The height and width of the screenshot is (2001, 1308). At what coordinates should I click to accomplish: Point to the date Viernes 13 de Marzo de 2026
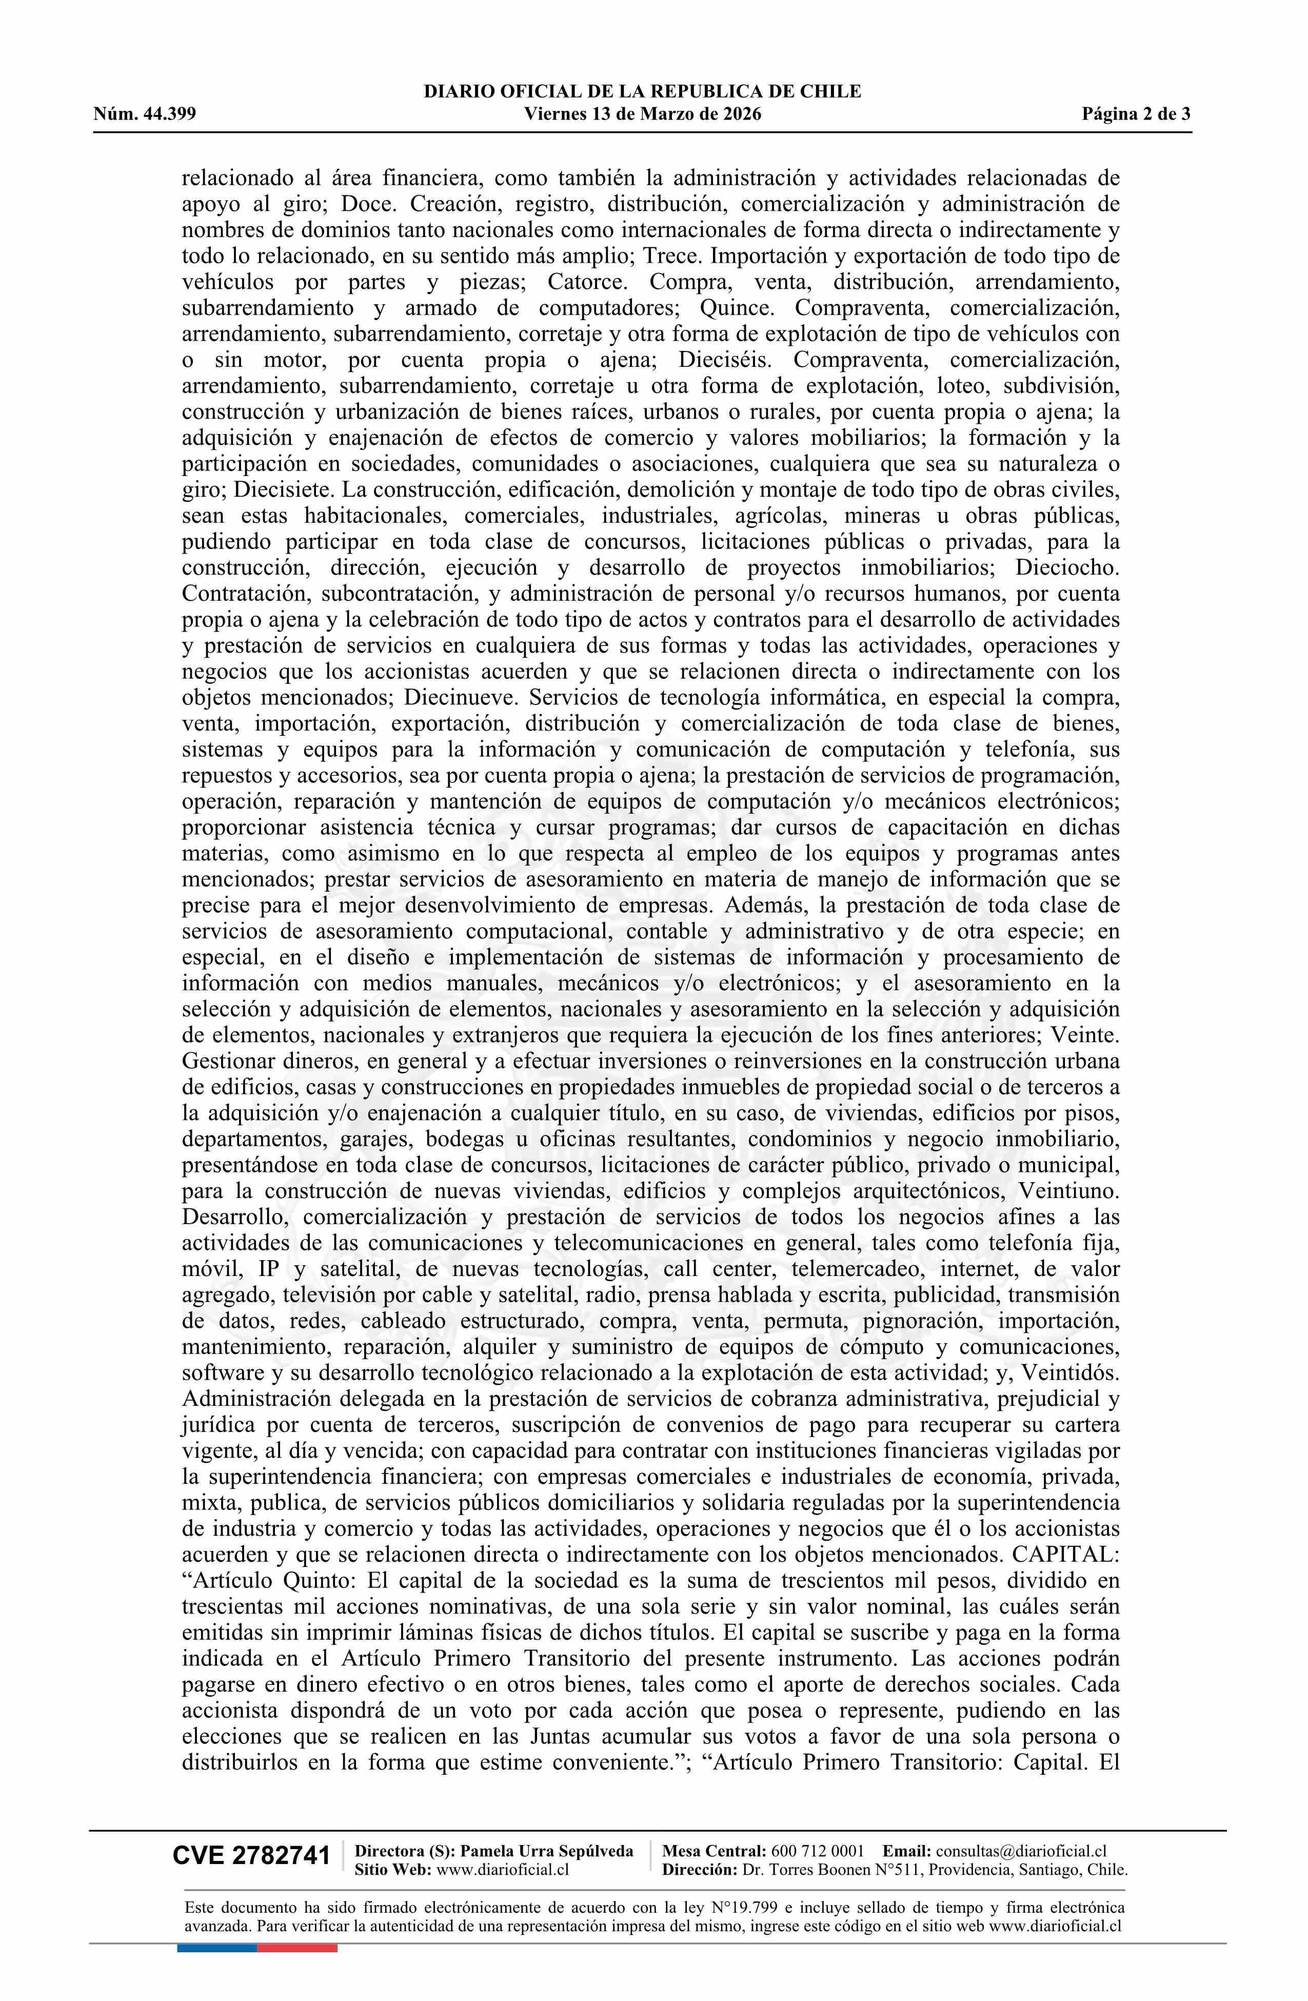pos(642,114)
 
